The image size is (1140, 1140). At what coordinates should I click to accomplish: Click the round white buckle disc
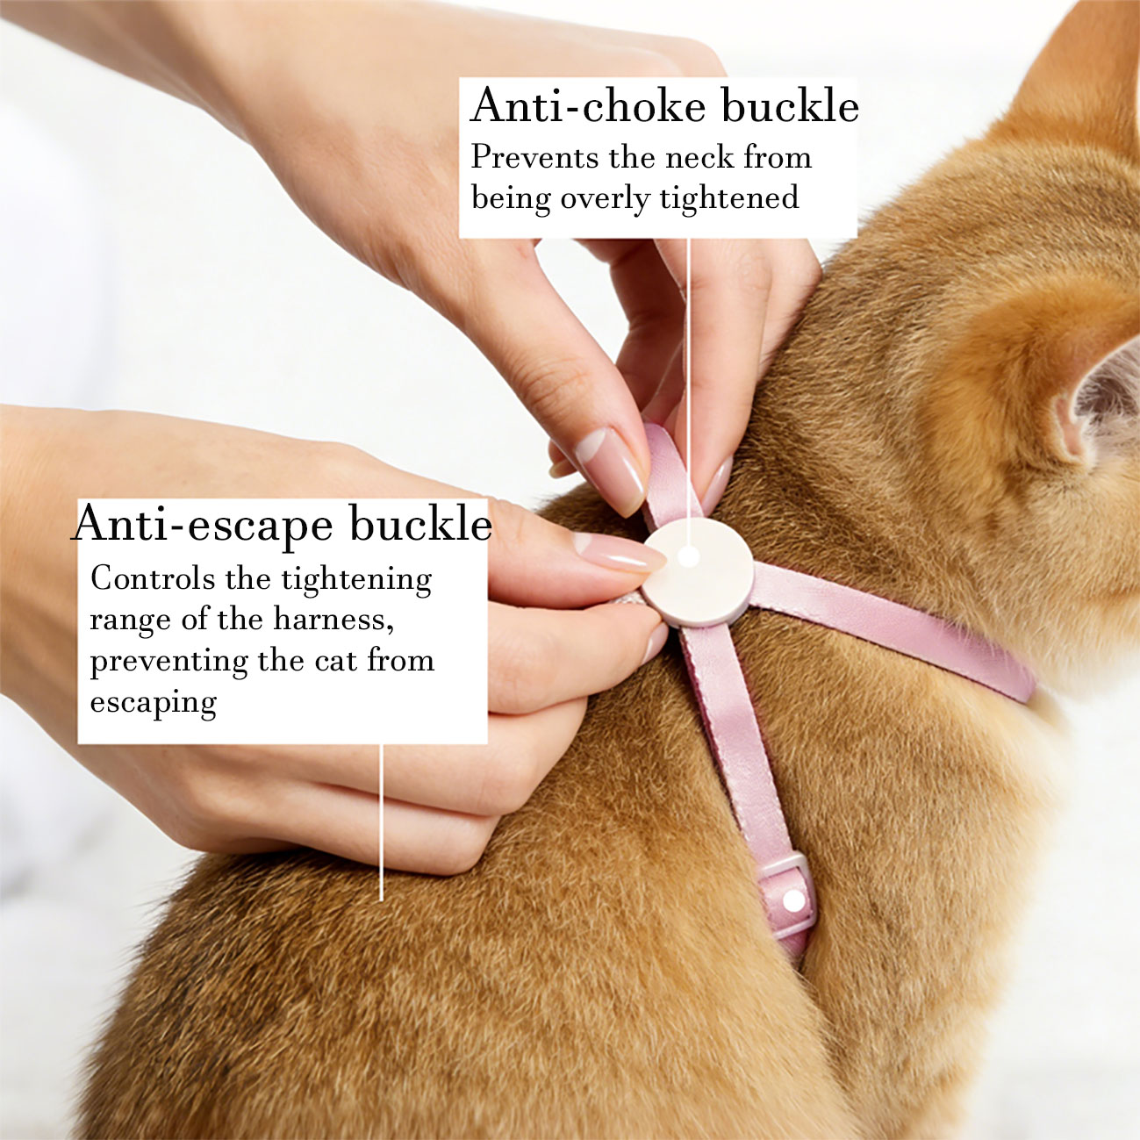(x=698, y=572)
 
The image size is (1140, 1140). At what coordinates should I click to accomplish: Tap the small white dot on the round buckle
(x=688, y=556)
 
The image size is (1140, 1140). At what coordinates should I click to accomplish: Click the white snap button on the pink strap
(x=793, y=901)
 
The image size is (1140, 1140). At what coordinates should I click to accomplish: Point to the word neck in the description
(x=699, y=158)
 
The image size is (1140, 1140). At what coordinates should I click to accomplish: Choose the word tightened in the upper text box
(x=728, y=197)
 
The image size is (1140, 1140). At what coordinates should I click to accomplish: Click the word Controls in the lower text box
(x=152, y=578)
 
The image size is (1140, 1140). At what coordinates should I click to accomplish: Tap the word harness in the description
(x=333, y=620)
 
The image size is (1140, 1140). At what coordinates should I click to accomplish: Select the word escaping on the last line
(x=154, y=704)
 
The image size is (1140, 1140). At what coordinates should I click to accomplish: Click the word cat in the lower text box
(x=336, y=661)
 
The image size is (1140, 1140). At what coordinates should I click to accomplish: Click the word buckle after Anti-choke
(x=791, y=104)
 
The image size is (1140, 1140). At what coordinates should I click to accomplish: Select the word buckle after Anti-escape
(x=420, y=522)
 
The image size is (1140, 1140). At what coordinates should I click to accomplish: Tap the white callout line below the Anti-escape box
(x=382, y=822)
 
